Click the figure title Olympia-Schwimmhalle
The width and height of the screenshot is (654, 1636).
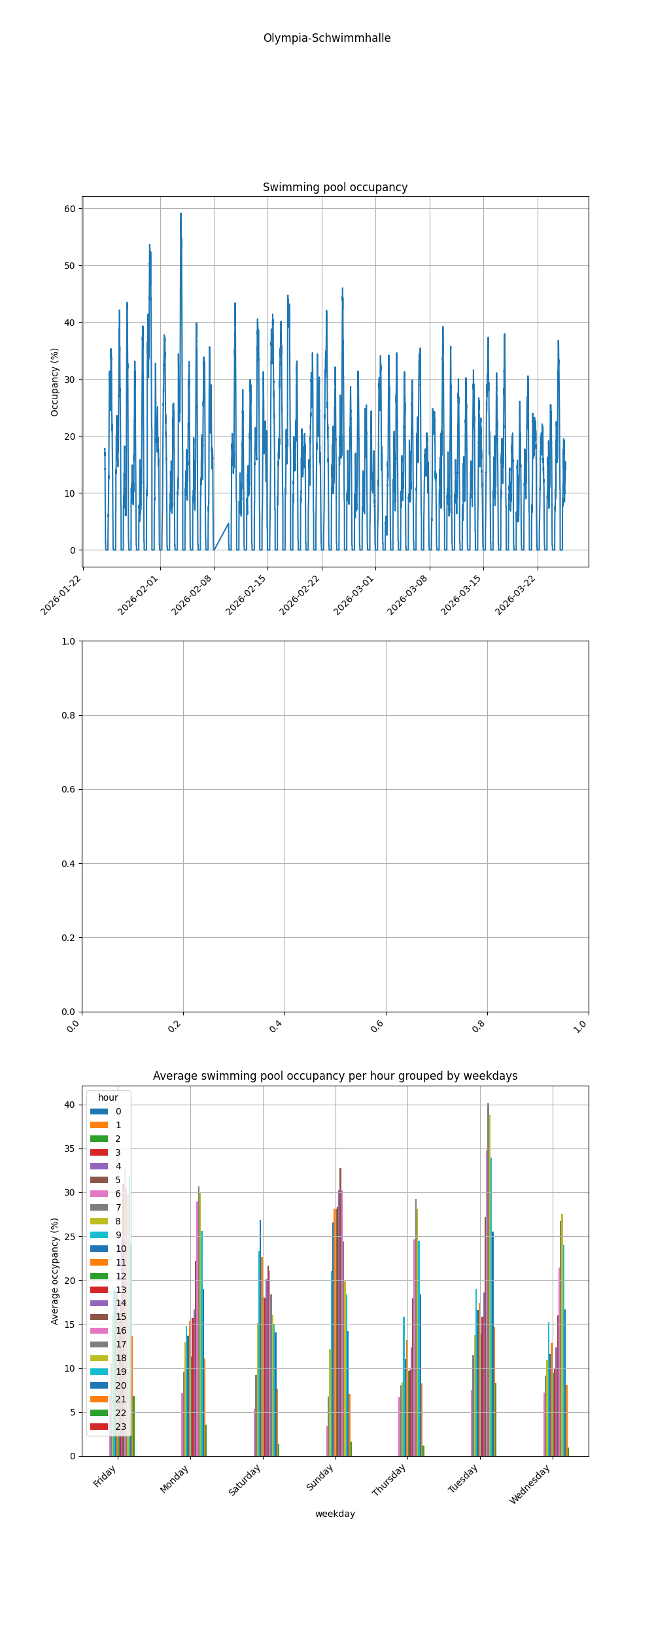point(327,38)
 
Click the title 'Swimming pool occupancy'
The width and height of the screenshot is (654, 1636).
point(335,187)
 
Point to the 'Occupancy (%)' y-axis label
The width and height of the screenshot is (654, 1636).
point(55,382)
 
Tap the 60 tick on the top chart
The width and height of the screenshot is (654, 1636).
point(69,209)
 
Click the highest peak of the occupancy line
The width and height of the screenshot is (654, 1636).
point(181,214)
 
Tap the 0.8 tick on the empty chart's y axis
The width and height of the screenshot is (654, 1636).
point(68,715)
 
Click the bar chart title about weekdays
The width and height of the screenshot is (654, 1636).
point(335,1076)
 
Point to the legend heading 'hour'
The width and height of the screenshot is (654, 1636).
point(108,1097)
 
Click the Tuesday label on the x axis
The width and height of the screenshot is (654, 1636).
point(464,1478)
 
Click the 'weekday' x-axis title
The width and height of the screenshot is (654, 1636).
point(335,1514)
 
